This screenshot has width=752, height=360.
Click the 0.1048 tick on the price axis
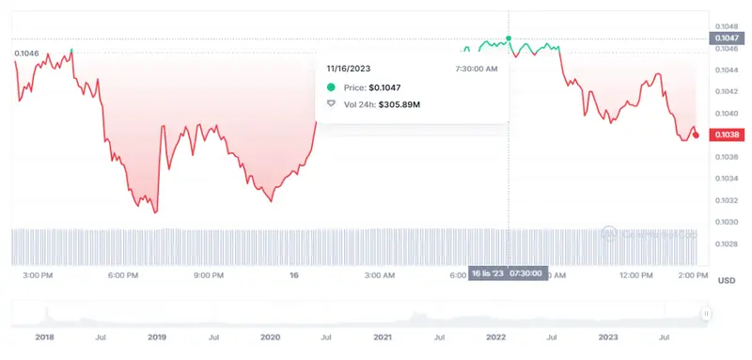click(725, 25)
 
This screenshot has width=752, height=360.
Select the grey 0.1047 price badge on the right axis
click(726, 38)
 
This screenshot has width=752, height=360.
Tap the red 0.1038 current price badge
click(726, 135)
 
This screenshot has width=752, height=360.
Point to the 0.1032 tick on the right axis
click(725, 200)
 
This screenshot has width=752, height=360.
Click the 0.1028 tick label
click(725, 243)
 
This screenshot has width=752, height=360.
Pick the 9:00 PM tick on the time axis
click(209, 275)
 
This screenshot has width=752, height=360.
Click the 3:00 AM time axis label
click(378, 275)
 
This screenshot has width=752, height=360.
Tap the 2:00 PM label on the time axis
click(691, 275)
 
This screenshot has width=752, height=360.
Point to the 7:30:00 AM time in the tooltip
click(476, 69)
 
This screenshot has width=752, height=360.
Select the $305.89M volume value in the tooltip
click(399, 103)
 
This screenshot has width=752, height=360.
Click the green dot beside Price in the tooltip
click(331, 86)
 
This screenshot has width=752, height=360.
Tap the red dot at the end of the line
click(696, 135)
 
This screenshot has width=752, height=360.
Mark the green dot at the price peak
click(509, 39)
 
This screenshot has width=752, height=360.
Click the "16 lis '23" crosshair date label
click(488, 274)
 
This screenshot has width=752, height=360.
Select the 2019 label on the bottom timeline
click(157, 336)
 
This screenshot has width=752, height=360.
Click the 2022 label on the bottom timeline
click(495, 336)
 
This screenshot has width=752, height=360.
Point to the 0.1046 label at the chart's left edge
click(26, 54)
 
